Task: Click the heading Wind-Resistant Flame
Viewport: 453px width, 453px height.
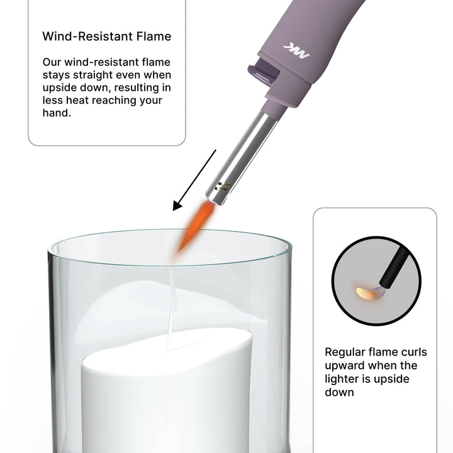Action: click(x=106, y=36)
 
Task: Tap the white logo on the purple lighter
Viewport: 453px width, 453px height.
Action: click(x=296, y=51)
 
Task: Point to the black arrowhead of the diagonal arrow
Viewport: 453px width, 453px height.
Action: click(x=177, y=206)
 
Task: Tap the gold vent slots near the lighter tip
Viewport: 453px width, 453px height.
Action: click(x=223, y=186)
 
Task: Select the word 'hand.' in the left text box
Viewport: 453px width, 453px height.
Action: click(x=57, y=113)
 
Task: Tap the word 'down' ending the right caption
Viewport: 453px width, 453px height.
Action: click(x=339, y=393)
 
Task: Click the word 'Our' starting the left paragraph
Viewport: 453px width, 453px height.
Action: click(x=52, y=62)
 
